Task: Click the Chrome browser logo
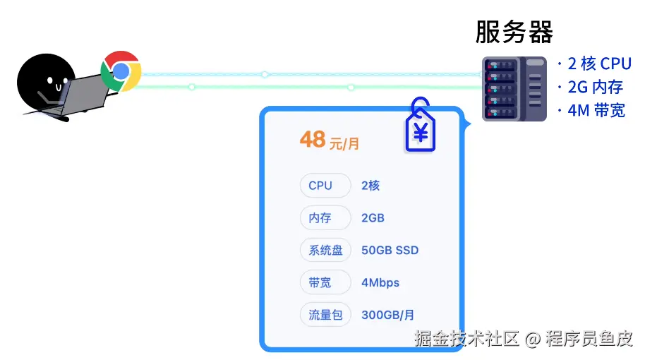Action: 121,71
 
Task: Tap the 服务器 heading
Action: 514,32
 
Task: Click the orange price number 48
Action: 313,139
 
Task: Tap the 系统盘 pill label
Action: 325,251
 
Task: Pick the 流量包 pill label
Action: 325,315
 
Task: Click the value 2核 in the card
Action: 370,186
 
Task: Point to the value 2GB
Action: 373,218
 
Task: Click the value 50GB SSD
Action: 390,251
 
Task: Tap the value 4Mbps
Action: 380,282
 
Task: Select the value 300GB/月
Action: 387,315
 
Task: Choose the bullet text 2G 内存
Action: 595,87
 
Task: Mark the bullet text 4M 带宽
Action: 596,110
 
